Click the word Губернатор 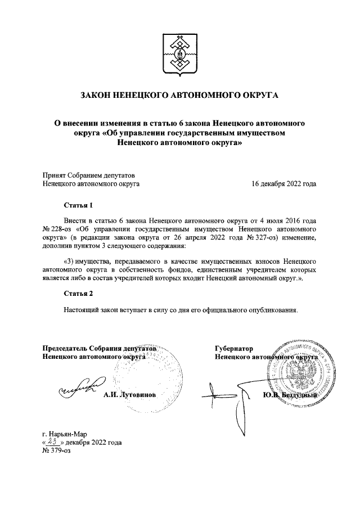[x=234, y=348]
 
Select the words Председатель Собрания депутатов [x=99, y=348]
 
